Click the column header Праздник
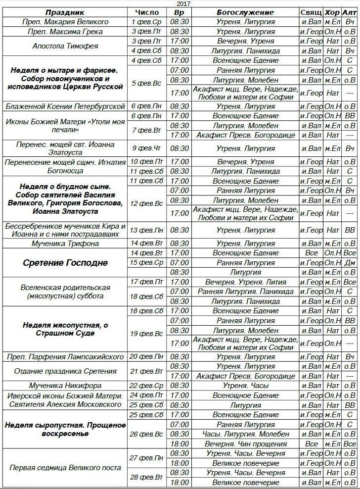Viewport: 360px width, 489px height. [65, 12]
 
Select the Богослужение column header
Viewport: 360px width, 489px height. [245, 12]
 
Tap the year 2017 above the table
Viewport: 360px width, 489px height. [183, 3]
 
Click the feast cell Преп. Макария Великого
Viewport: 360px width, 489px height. [65, 22]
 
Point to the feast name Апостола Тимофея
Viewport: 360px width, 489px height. [65, 46]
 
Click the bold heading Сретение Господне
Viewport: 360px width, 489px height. [65, 263]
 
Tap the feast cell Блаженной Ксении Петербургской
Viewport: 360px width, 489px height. [65, 106]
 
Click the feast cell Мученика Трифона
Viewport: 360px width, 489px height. [65, 244]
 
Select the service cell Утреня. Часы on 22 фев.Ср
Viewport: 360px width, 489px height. [245, 386]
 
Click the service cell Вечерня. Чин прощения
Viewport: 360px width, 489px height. [245, 443]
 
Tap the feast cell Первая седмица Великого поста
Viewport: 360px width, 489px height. [65, 468]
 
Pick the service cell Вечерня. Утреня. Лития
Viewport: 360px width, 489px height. [245, 282]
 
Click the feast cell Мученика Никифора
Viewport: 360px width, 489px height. [65, 386]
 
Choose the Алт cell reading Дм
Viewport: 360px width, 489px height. [350, 263]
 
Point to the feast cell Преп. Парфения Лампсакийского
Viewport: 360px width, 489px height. [65, 357]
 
